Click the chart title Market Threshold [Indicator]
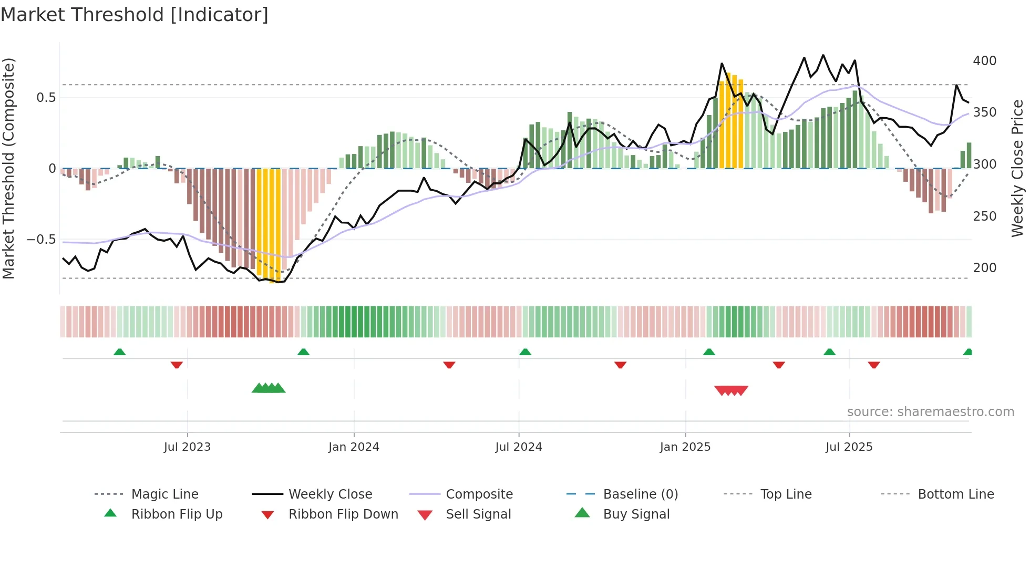[x=135, y=15]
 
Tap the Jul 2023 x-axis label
[x=187, y=447]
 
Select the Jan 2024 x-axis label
[x=354, y=447]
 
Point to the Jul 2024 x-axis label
[x=519, y=447]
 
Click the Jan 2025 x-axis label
[x=685, y=447]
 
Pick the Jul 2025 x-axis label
[x=849, y=447]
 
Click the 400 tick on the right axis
[x=985, y=61]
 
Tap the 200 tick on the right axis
[x=985, y=268]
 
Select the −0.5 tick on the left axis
[x=42, y=240]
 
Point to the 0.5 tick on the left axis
[x=46, y=98]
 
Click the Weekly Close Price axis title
[x=1017, y=168]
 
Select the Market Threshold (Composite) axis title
[x=8, y=168]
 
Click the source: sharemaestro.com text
[x=930, y=412]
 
